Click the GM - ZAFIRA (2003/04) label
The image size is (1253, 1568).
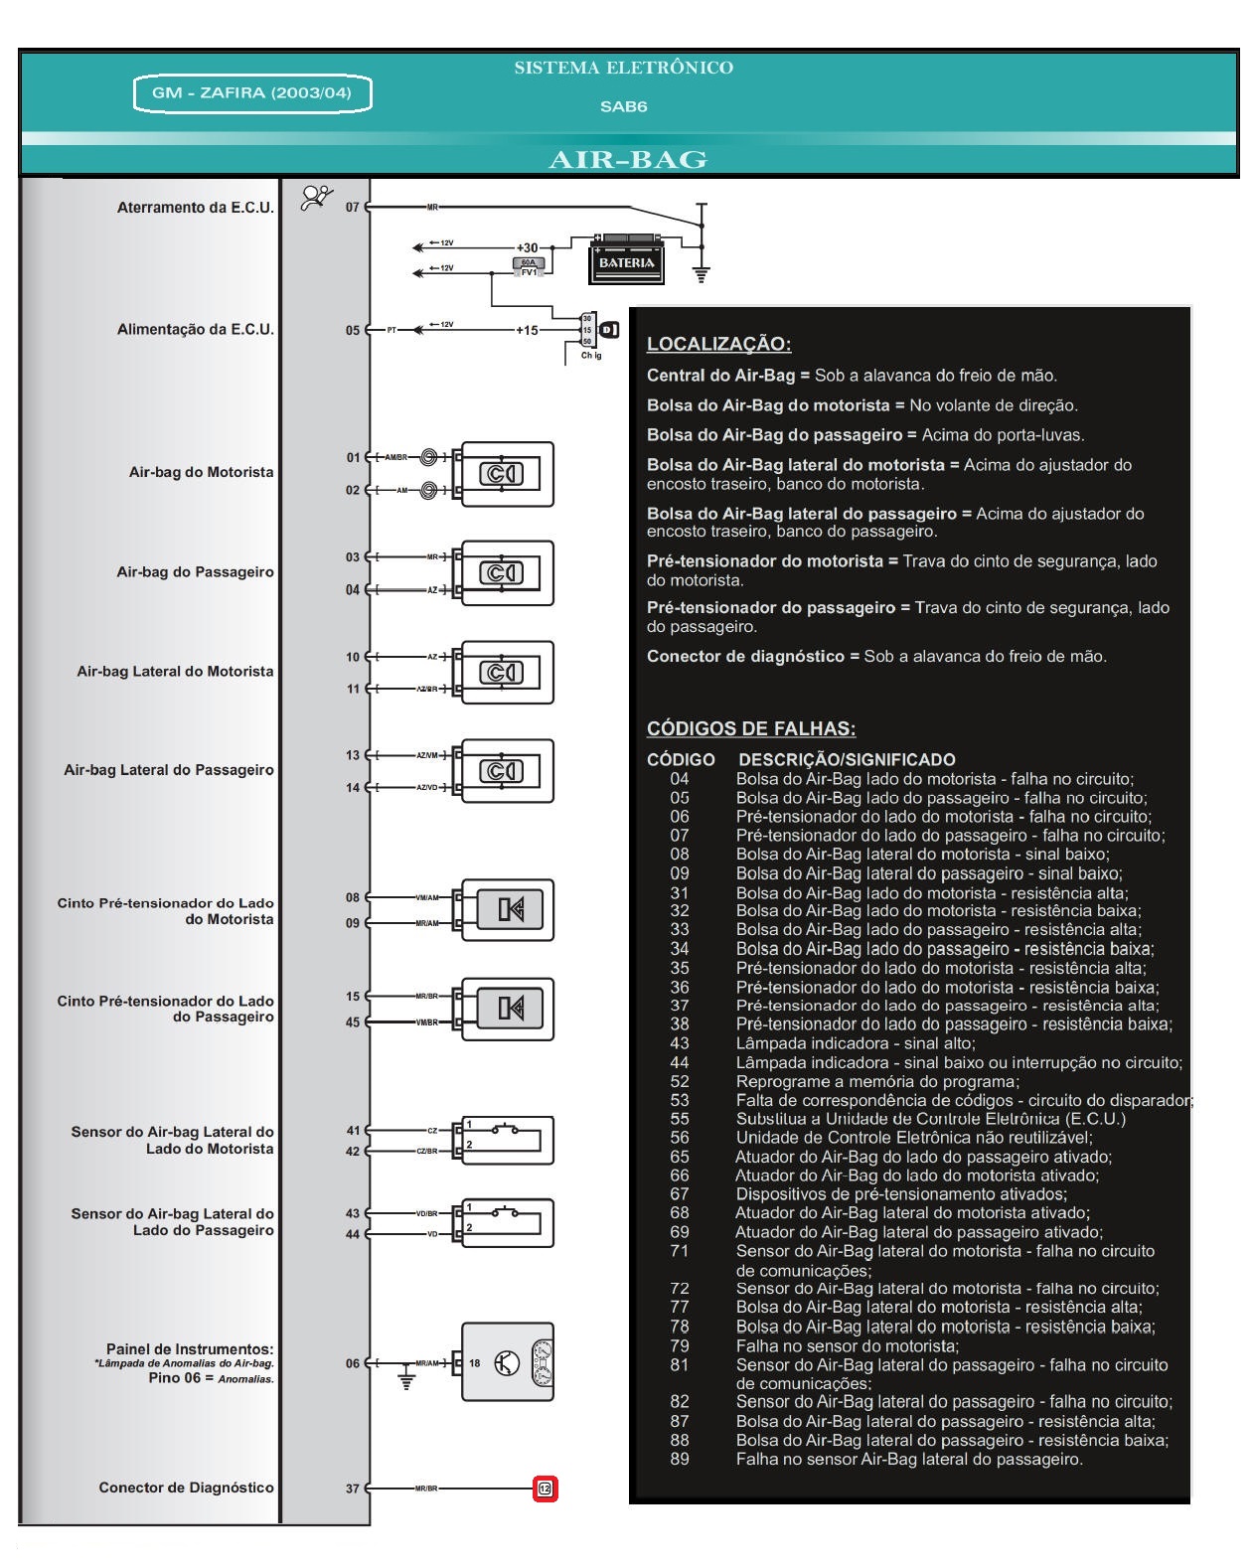[x=251, y=93]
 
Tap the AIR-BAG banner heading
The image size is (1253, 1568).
[x=627, y=159]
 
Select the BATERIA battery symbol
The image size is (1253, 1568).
[x=626, y=259]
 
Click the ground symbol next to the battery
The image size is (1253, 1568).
[x=702, y=274]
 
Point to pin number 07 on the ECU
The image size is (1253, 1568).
[x=353, y=208]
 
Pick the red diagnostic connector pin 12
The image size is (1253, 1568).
[x=545, y=1489]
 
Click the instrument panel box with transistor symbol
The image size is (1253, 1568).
[x=508, y=1362]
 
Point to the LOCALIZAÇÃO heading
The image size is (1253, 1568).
[x=718, y=344]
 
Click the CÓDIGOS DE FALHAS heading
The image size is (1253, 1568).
[x=750, y=728]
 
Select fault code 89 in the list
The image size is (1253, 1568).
[x=680, y=1459]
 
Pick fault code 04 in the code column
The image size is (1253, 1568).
[x=680, y=779]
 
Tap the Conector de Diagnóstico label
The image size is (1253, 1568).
[x=186, y=1488]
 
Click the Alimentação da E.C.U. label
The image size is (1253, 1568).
[x=195, y=330]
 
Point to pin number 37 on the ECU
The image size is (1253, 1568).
[x=353, y=1489]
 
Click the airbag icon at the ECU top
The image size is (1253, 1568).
[x=317, y=196]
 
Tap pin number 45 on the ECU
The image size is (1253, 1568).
[x=353, y=1022]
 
